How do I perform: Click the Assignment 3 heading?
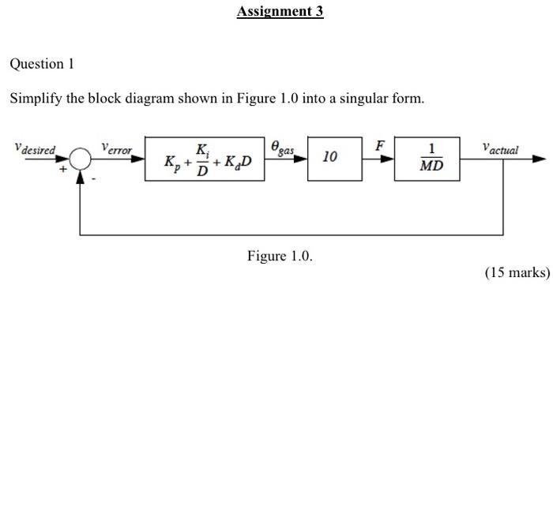tap(280, 12)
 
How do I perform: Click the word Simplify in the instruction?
tap(36, 99)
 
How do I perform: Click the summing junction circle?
tap(81, 159)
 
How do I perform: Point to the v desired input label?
tap(36, 148)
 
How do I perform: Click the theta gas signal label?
tap(282, 148)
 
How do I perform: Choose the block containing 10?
tap(329, 158)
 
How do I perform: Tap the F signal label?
tap(380, 145)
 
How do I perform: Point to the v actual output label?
tap(499, 148)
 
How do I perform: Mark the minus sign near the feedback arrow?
tap(92, 179)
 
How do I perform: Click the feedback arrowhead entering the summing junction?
tap(81, 176)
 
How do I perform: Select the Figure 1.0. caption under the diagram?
tap(280, 256)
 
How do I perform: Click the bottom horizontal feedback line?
tap(292, 235)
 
